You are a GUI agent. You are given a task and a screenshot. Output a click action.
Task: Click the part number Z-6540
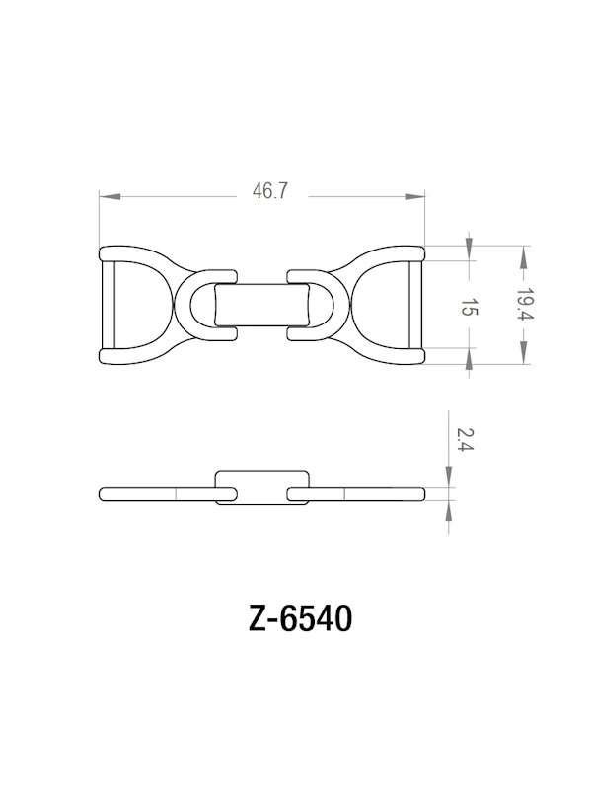click(x=296, y=618)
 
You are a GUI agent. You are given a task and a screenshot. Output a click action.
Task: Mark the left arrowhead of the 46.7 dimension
click(x=110, y=197)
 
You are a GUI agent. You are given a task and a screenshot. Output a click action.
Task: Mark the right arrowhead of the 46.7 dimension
click(x=415, y=197)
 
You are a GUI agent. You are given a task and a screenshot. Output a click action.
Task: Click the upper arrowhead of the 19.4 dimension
click(x=523, y=254)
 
